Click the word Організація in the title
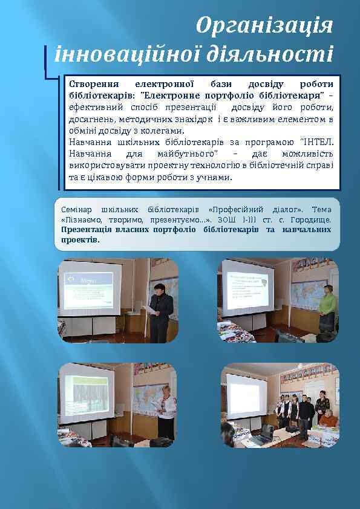pos(265,26)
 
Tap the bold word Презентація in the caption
pos(89,230)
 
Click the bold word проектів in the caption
pos(80,240)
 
